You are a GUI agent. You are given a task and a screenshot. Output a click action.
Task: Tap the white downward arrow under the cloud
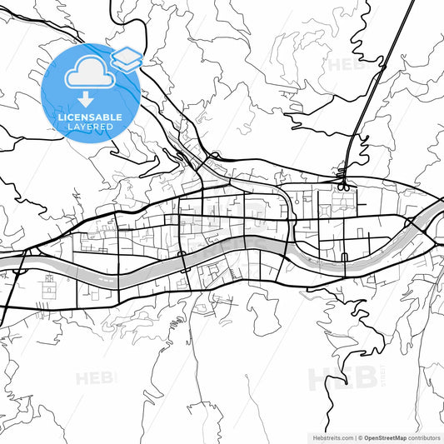[86, 99]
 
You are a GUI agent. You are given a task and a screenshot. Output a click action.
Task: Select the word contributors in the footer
[422, 437]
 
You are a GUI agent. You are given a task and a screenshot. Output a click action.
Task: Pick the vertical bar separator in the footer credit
[353, 437]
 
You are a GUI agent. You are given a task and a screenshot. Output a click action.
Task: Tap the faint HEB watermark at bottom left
[96, 379]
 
